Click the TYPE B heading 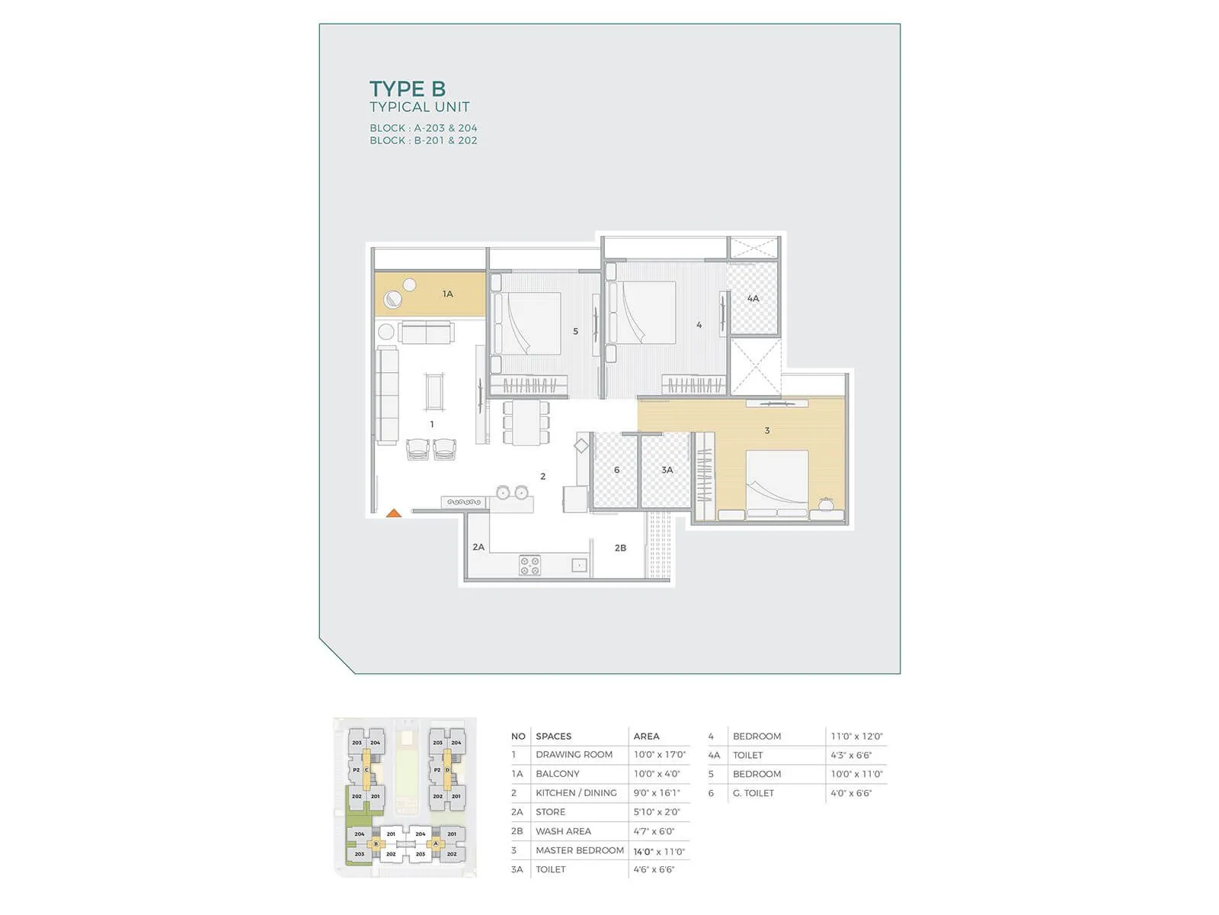(x=408, y=89)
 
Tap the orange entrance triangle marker (x=394, y=513)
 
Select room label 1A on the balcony (x=448, y=294)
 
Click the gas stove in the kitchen (x=530, y=565)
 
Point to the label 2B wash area (x=620, y=547)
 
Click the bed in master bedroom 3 (x=776, y=483)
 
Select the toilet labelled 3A (x=667, y=470)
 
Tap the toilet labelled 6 (x=616, y=470)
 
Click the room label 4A (x=753, y=298)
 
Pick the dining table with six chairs (x=526, y=422)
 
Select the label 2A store (x=478, y=547)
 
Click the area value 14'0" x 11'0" (x=659, y=851)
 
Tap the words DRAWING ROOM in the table (x=574, y=754)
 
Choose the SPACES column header (x=553, y=736)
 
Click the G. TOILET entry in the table (x=753, y=793)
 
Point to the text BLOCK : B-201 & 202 (x=424, y=140)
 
